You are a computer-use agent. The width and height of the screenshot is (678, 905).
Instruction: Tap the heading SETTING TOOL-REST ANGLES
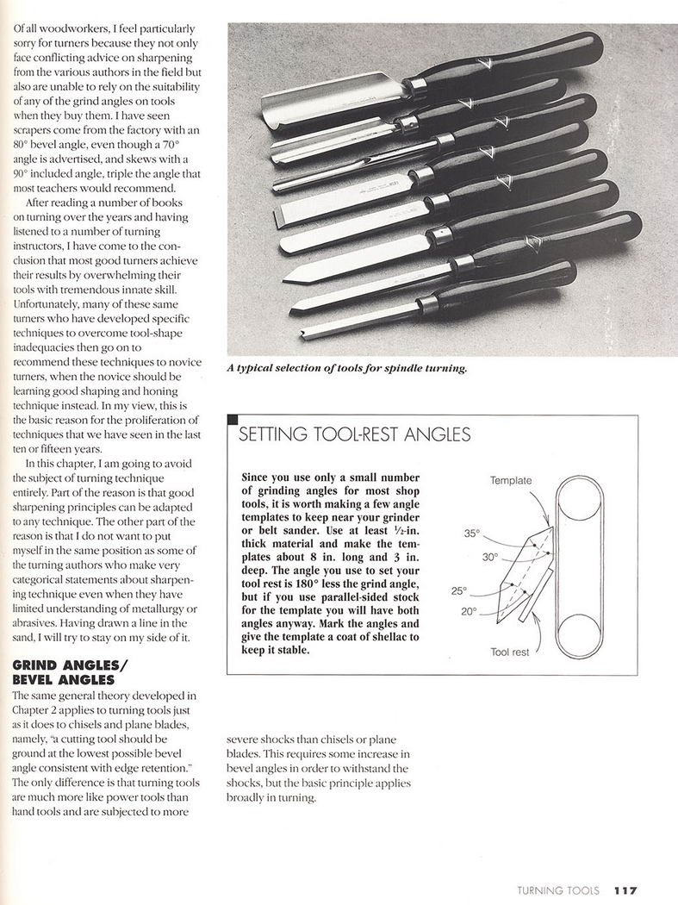[354, 434]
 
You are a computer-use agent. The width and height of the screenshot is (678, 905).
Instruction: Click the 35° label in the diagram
[471, 534]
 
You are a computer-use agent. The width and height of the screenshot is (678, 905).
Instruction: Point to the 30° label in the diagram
[490, 557]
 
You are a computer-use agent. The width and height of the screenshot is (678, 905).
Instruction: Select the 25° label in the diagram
[458, 591]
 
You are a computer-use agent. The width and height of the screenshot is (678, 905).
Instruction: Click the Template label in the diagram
[511, 480]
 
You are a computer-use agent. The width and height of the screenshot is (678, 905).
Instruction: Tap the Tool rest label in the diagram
[511, 652]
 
